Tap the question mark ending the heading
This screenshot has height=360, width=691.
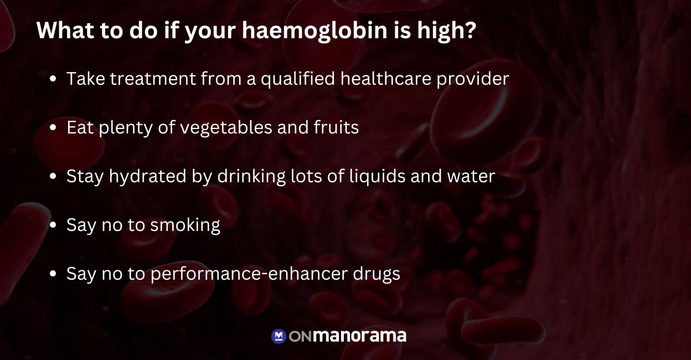point(470,31)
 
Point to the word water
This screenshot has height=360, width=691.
point(472,177)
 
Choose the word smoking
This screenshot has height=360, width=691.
point(185,225)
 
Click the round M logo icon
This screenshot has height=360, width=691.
point(279,336)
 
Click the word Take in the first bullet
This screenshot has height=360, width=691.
point(85,79)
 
